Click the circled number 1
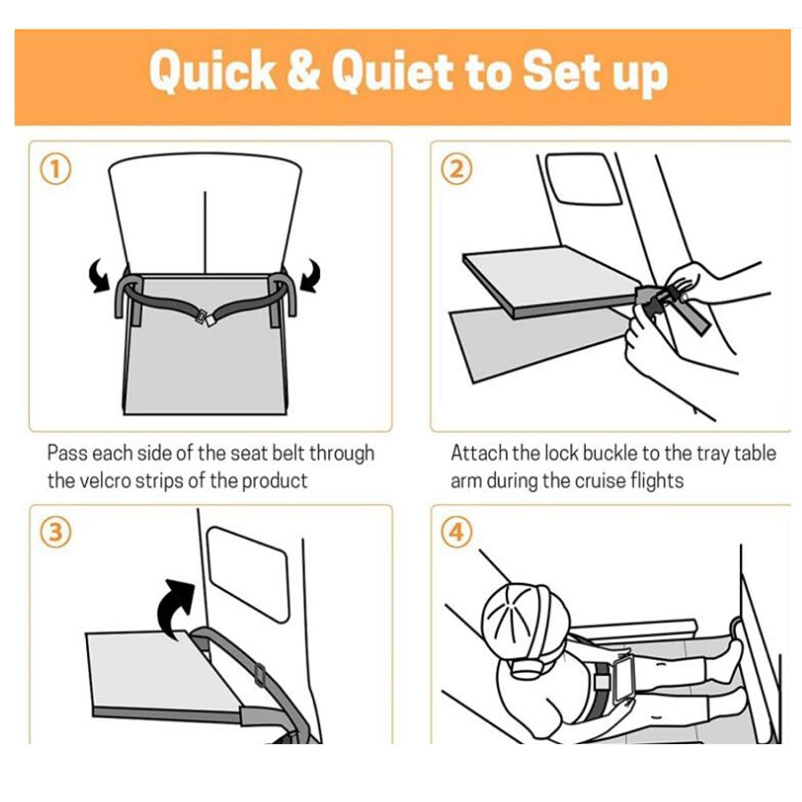(x=56, y=169)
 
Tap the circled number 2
(x=457, y=169)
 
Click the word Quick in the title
(x=213, y=72)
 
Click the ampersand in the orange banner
(x=304, y=72)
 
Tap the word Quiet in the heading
(x=394, y=72)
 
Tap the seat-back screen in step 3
(x=248, y=574)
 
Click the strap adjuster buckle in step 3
(x=259, y=674)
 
